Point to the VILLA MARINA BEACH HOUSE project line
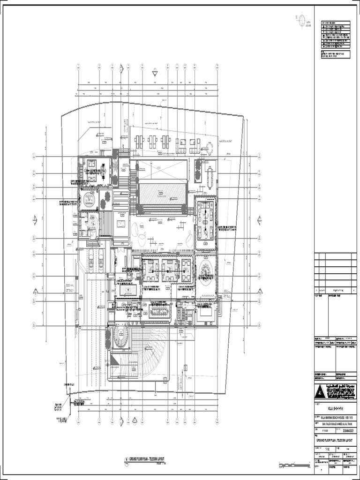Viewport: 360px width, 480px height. pos(334,416)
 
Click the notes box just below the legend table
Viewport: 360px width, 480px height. pos(335,55)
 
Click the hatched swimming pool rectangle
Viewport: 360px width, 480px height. pos(162,193)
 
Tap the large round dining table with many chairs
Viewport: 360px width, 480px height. pos(205,270)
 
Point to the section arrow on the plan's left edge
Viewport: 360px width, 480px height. pos(35,219)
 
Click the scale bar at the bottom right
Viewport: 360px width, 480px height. pos(293,465)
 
